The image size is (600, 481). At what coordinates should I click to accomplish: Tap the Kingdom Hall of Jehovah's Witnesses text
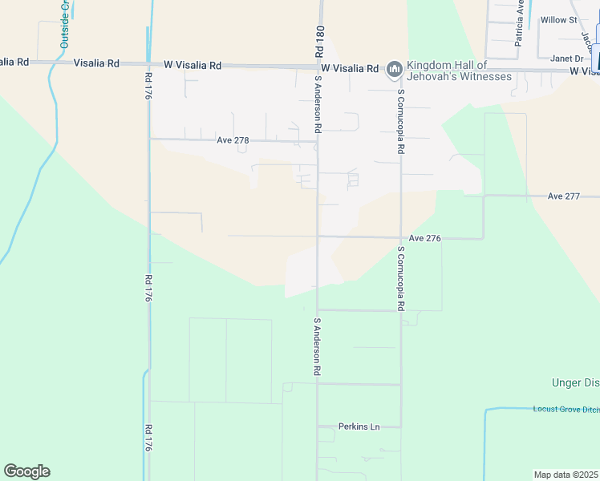tap(459, 70)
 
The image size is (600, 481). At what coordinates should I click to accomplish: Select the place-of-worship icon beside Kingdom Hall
tap(394, 71)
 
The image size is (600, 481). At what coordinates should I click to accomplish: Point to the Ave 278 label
tap(233, 140)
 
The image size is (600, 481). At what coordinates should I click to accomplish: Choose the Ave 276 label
tap(425, 238)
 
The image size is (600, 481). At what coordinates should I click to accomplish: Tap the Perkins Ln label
tap(359, 426)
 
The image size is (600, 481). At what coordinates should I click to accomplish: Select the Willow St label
tap(558, 19)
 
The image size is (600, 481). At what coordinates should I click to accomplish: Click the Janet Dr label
tap(566, 58)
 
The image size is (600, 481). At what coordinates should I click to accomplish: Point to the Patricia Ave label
tap(520, 23)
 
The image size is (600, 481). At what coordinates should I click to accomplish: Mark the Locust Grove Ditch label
tap(566, 409)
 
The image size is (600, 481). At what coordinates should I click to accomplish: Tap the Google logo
tap(26, 471)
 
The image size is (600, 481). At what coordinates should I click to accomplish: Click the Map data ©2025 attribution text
tap(566, 474)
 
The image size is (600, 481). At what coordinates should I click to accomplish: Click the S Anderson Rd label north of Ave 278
tap(318, 104)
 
